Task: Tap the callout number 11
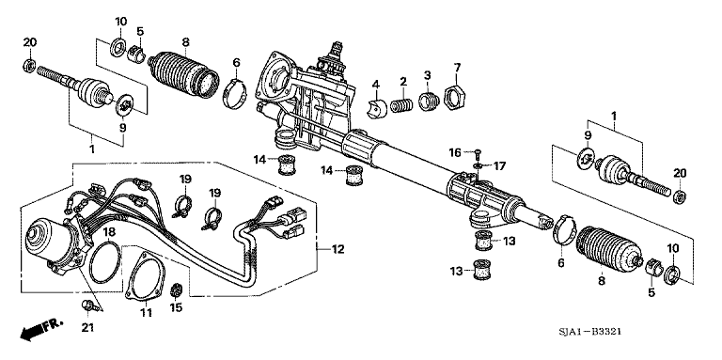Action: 146,311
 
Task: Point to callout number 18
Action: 109,232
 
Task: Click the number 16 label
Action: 454,151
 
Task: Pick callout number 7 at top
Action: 458,68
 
